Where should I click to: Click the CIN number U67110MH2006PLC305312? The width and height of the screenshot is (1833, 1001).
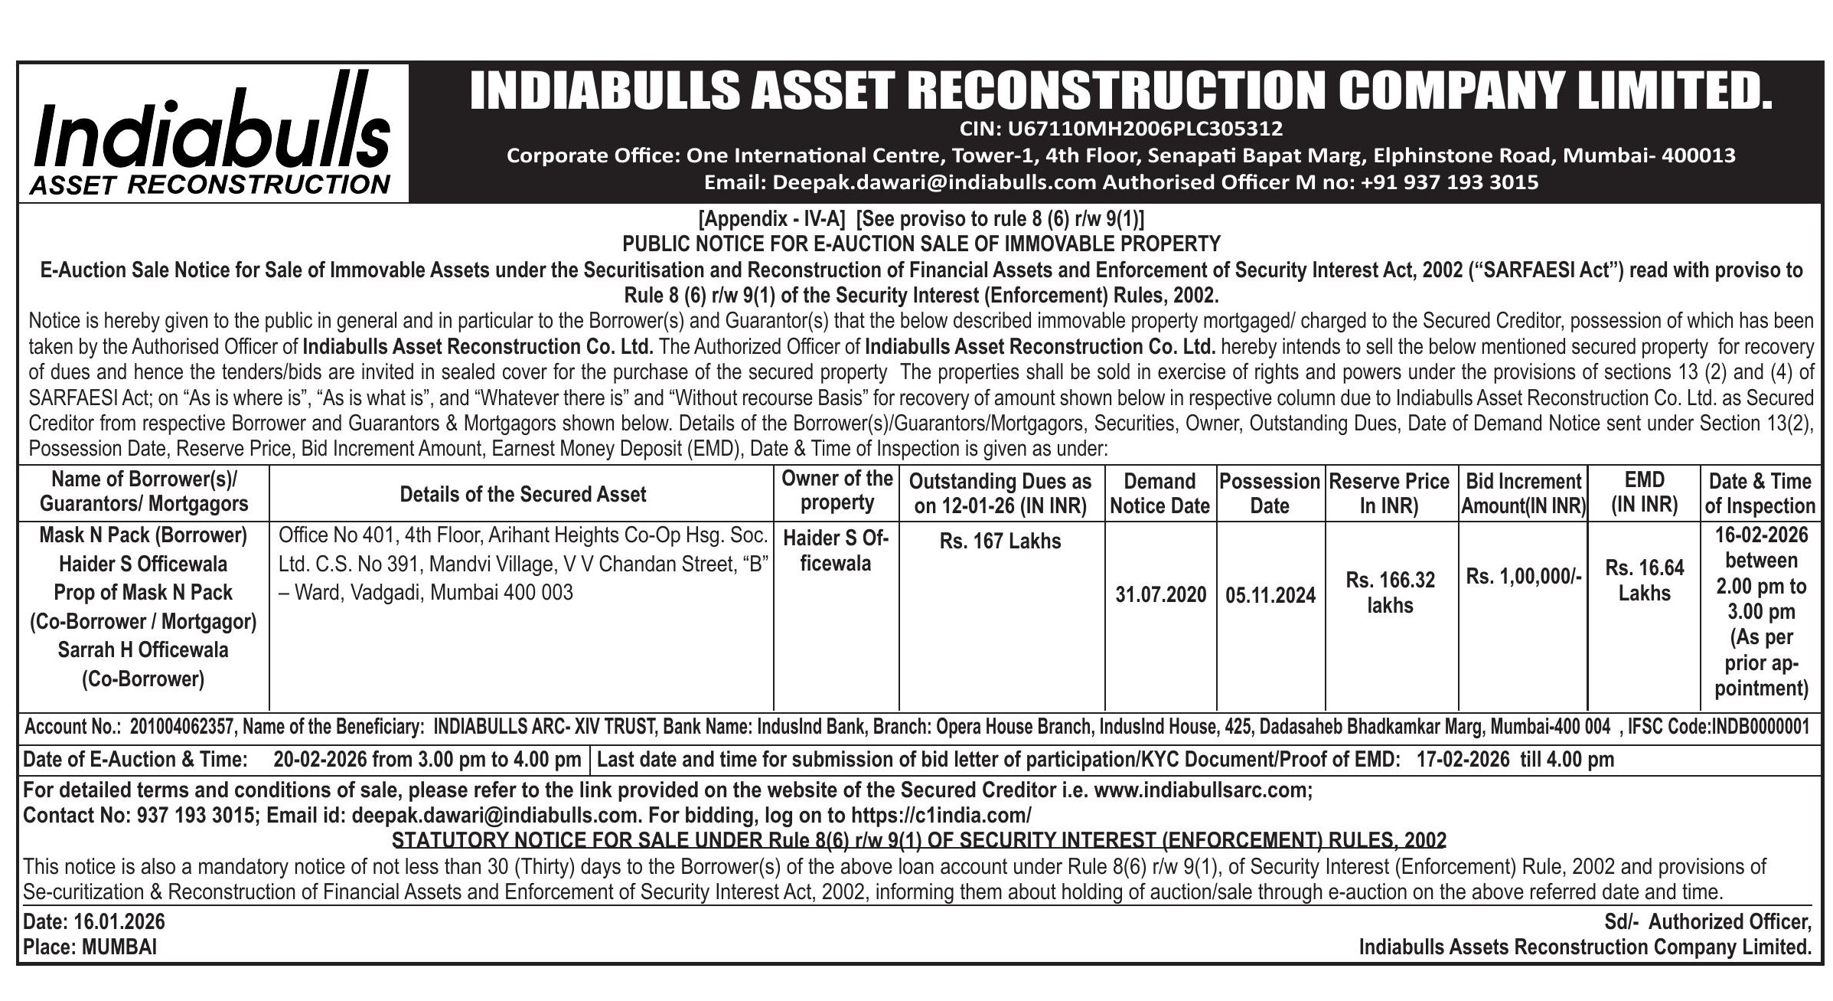[1121, 128]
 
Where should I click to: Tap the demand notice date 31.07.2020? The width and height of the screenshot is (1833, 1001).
[1160, 595]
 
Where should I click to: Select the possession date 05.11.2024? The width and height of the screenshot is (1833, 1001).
[1270, 595]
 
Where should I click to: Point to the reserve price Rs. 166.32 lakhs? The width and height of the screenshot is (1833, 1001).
[1390, 592]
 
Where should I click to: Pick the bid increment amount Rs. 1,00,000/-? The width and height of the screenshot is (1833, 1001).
[1523, 576]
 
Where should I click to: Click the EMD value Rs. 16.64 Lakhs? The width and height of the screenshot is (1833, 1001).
[1644, 580]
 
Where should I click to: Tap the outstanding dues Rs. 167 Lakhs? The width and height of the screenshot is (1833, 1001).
[1000, 541]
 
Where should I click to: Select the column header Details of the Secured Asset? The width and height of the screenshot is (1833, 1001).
[523, 494]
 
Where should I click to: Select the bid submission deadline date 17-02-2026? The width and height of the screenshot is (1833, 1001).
[1462, 760]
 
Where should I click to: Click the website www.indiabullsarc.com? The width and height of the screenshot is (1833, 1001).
[1202, 790]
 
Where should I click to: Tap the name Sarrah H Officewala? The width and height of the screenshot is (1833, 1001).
[143, 650]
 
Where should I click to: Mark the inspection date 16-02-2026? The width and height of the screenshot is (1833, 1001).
[1760, 535]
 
